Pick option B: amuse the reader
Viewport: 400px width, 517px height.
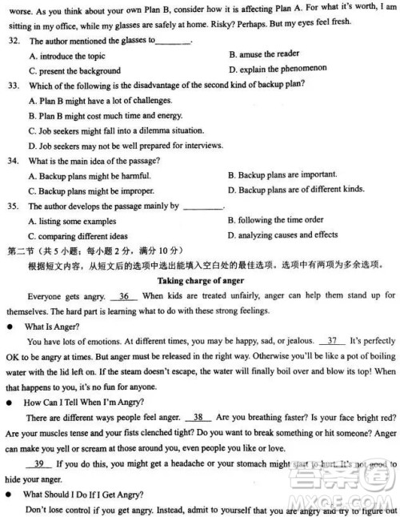[263, 54]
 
